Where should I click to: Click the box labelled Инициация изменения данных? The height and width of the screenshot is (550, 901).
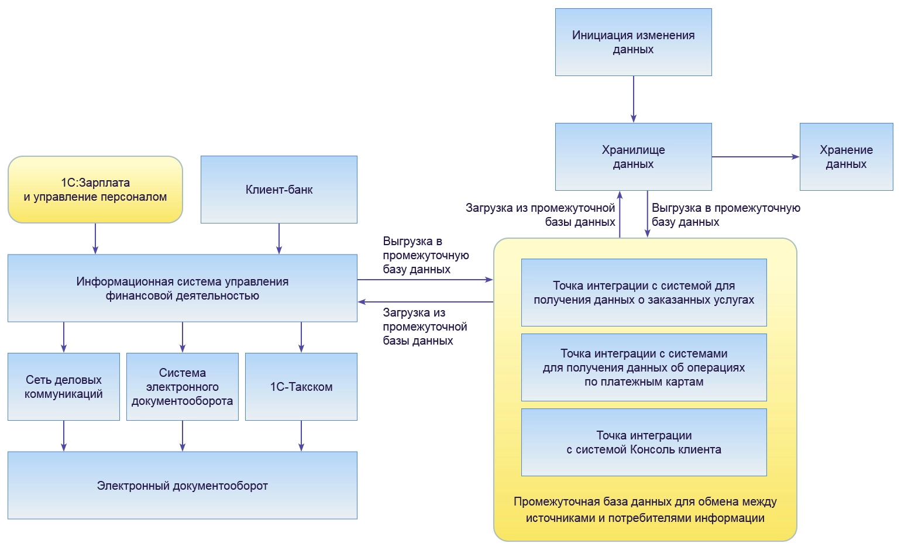[633, 42]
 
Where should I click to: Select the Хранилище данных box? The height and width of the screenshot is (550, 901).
[633, 157]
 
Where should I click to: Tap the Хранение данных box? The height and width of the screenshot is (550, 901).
[846, 157]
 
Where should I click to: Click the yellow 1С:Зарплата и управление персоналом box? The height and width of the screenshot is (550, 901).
[95, 190]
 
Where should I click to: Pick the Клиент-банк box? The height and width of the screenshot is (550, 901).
[279, 190]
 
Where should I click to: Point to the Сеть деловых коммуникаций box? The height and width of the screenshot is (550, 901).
[64, 387]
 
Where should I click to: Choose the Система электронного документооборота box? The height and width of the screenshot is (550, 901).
[183, 387]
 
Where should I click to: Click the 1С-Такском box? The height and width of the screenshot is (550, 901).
[301, 387]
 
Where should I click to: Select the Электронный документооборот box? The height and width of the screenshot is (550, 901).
[183, 486]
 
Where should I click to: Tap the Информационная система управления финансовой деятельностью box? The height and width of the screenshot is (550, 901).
[183, 288]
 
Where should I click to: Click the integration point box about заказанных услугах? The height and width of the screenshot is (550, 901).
[644, 293]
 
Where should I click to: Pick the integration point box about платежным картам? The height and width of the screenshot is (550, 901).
[644, 367]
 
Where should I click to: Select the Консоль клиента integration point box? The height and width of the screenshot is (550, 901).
[644, 442]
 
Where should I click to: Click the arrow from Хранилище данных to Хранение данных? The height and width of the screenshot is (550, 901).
[755, 157]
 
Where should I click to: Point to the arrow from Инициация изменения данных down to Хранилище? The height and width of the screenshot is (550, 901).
[634, 99]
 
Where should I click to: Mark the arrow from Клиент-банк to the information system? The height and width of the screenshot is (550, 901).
[279, 238]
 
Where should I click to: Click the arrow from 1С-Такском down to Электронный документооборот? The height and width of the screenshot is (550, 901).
[301, 435]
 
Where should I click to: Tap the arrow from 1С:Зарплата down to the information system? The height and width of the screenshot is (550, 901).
[95, 238]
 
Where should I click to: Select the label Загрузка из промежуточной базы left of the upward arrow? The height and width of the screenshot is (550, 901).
[540, 215]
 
